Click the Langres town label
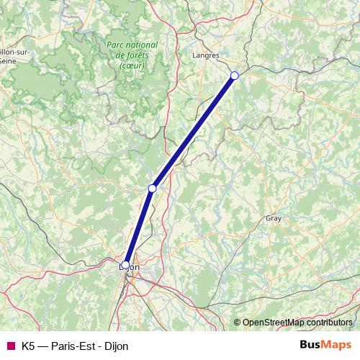click(x=207, y=54)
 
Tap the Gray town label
click(x=274, y=217)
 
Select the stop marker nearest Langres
click(x=234, y=75)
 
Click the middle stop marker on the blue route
click(x=152, y=188)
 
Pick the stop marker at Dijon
click(x=125, y=265)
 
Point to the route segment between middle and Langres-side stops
click(x=193, y=132)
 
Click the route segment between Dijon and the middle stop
click(x=139, y=226)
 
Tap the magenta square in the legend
click(x=9, y=346)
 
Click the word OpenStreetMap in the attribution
click(x=275, y=323)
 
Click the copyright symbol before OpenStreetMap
click(x=238, y=323)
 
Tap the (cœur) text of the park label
click(x=132, y=65)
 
